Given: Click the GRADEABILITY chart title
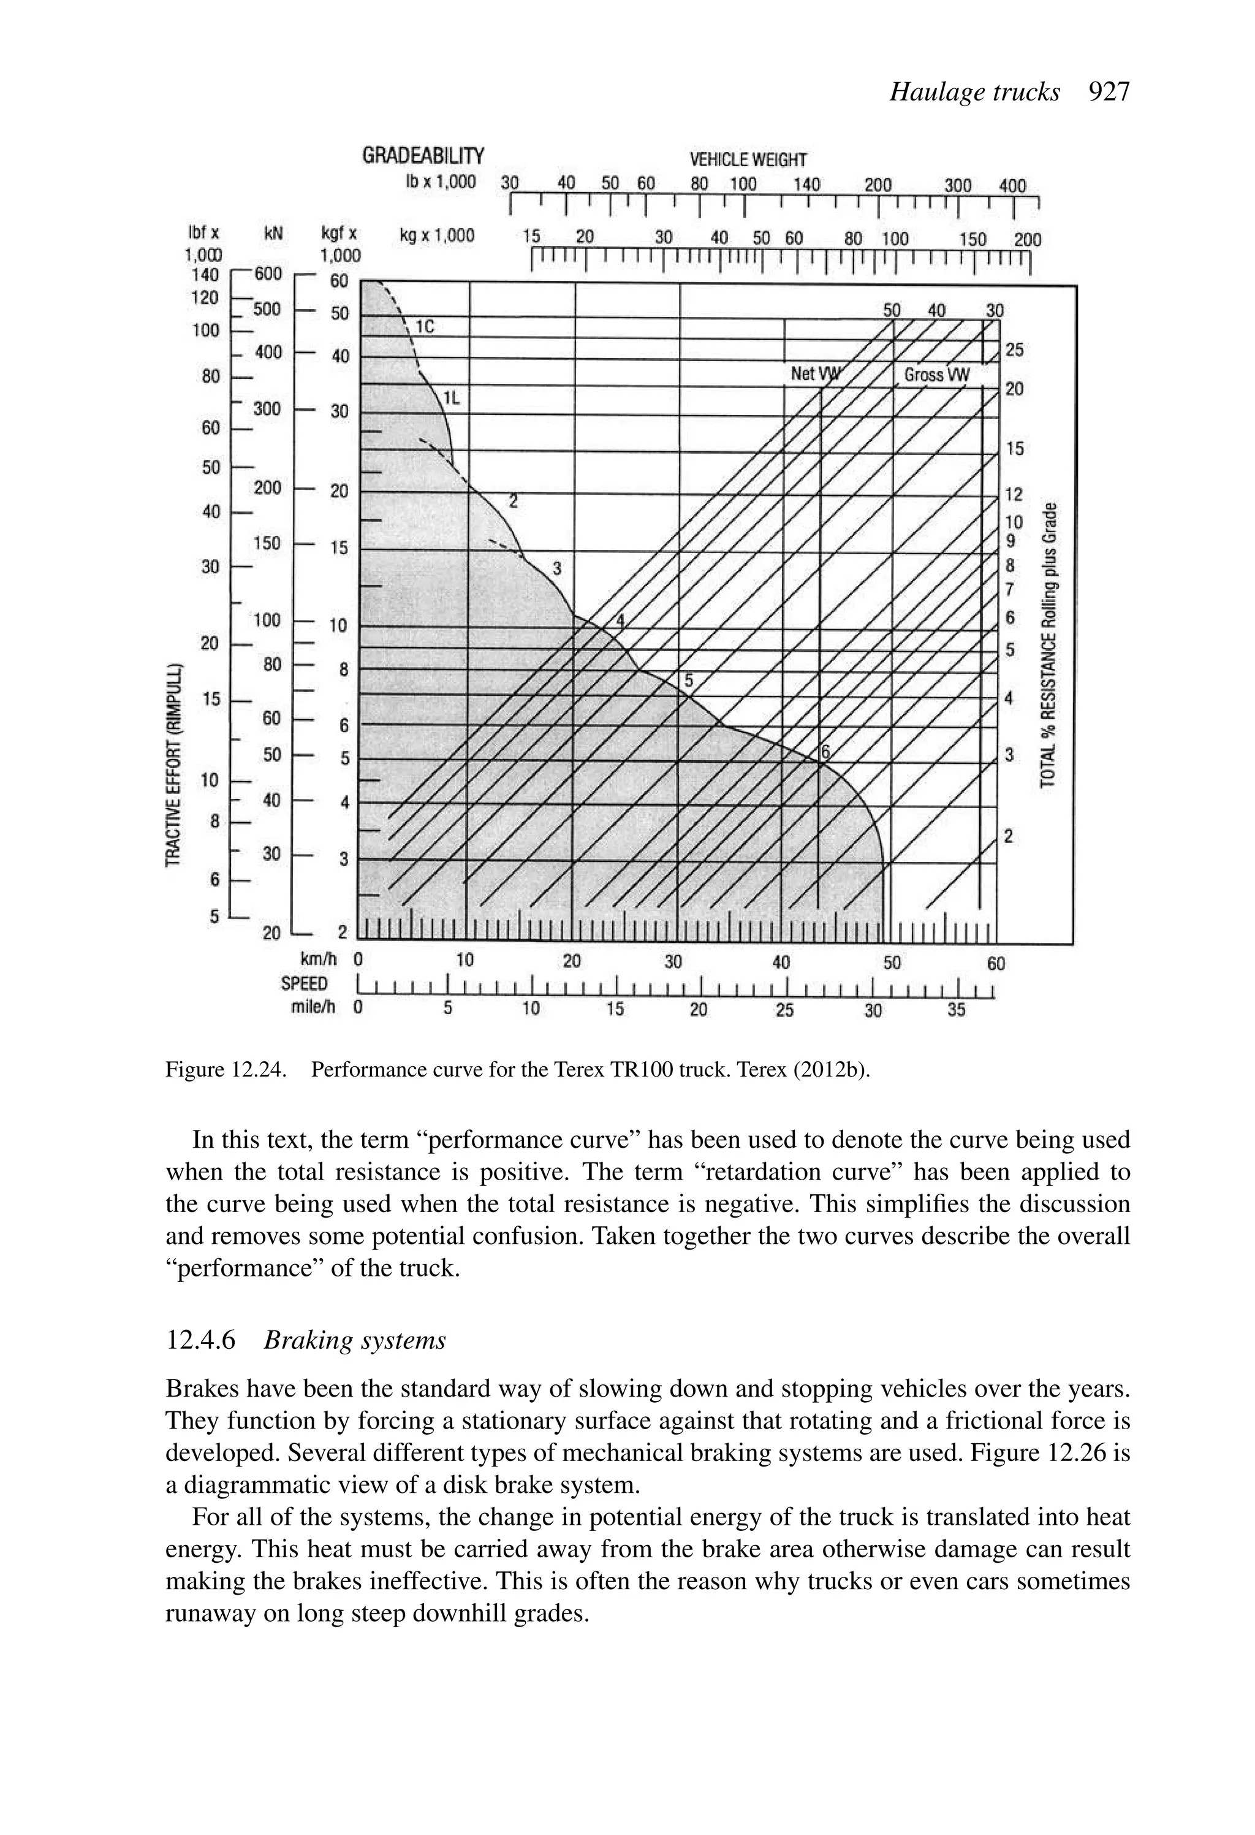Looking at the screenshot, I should point(423,156).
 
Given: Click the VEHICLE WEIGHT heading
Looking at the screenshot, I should point(748,160).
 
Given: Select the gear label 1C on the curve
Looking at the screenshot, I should point(425,326).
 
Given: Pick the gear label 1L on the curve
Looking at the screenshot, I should point(450,398).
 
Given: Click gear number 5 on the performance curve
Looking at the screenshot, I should point(688,681).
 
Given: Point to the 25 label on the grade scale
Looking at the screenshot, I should point(1014,349).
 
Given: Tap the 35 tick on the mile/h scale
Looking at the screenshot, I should point(956,1010).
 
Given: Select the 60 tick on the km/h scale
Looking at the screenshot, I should point(996,963).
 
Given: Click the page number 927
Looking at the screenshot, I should point(1109,93).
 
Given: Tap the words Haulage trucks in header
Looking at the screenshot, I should point(975,93).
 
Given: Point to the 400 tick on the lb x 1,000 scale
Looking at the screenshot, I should point(1013,186).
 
